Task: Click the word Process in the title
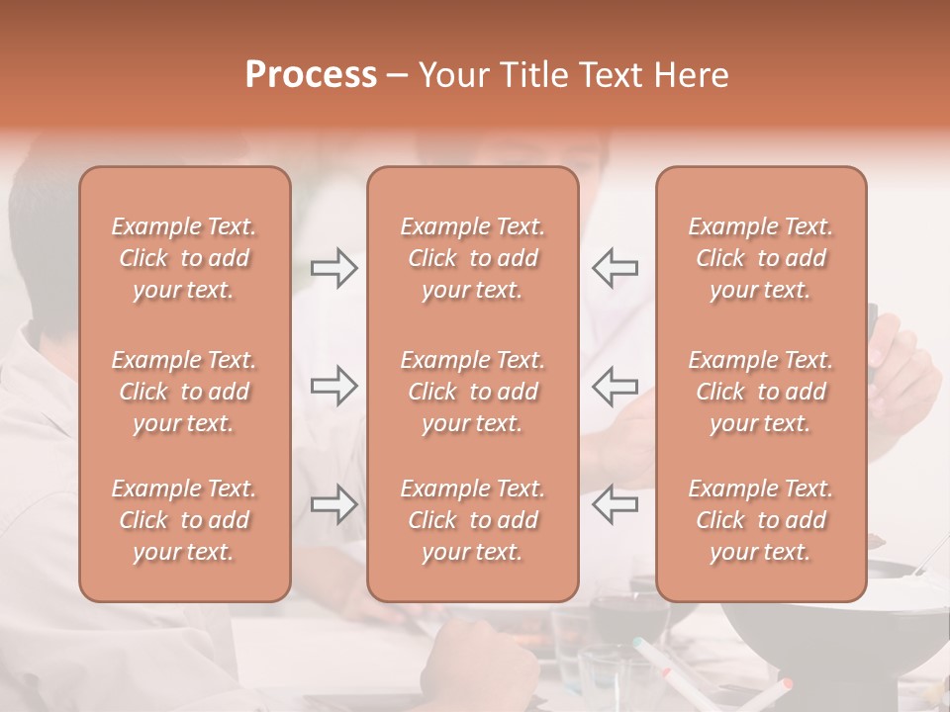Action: (311, 75)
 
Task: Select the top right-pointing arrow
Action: (334, 268)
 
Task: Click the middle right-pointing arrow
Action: (334, 385)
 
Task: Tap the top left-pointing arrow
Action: (615, 268)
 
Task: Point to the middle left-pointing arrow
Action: (615, 385)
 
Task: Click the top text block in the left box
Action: (184, 258)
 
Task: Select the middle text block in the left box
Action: (184, 392)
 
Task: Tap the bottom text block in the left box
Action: (184, 520)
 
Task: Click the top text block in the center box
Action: (472, 258)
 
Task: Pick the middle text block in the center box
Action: (472, 392)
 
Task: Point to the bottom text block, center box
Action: (472, 520)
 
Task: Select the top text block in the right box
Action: (760, 258)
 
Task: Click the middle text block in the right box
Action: (760, 392)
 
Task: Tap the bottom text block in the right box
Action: (760, 520)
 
